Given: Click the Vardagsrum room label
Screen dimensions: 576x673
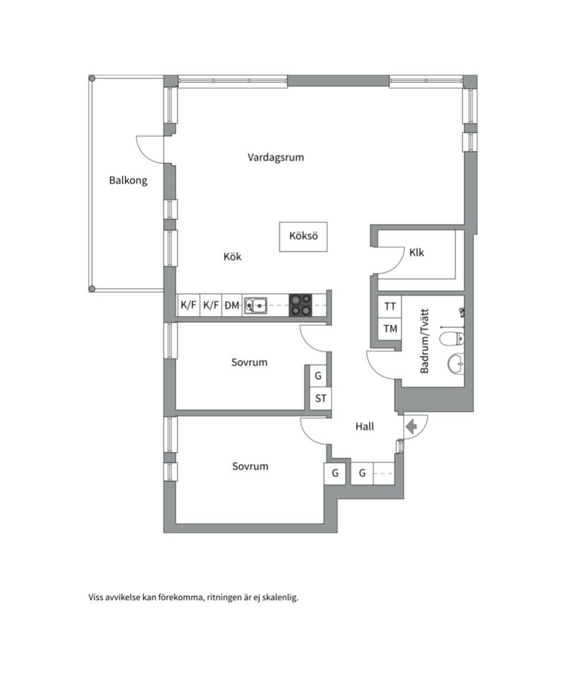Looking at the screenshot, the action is coord(276,158).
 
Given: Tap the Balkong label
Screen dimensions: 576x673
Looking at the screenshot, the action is coord(128,180).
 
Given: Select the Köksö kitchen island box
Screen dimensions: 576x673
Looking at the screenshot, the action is coord(303,237).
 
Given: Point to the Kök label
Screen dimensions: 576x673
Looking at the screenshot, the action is coord(232,257).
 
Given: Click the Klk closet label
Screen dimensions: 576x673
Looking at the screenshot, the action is coord(416,252).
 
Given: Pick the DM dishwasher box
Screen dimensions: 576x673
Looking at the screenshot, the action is coord(232,305).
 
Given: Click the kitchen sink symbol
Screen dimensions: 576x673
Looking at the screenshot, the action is coord(256,305).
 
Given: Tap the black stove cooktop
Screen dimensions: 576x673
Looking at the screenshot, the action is coord(300,305).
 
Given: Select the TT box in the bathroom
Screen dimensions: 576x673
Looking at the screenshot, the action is coord(390,307).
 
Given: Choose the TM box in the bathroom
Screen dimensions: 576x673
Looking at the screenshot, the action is coord(390,329).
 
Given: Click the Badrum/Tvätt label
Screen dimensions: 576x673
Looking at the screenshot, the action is coord(425,341).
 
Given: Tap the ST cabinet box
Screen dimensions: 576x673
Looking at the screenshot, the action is coord(320,398).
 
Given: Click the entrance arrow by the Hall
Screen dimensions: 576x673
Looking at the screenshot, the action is coord(411,427).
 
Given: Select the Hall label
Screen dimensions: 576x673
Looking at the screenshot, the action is coord(365,427).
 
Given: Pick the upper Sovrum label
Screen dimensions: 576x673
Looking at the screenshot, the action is coord(249,362).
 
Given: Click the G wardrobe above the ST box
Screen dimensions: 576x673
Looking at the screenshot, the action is coord(318,376).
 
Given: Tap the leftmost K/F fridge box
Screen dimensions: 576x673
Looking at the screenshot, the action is coord(188,305).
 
